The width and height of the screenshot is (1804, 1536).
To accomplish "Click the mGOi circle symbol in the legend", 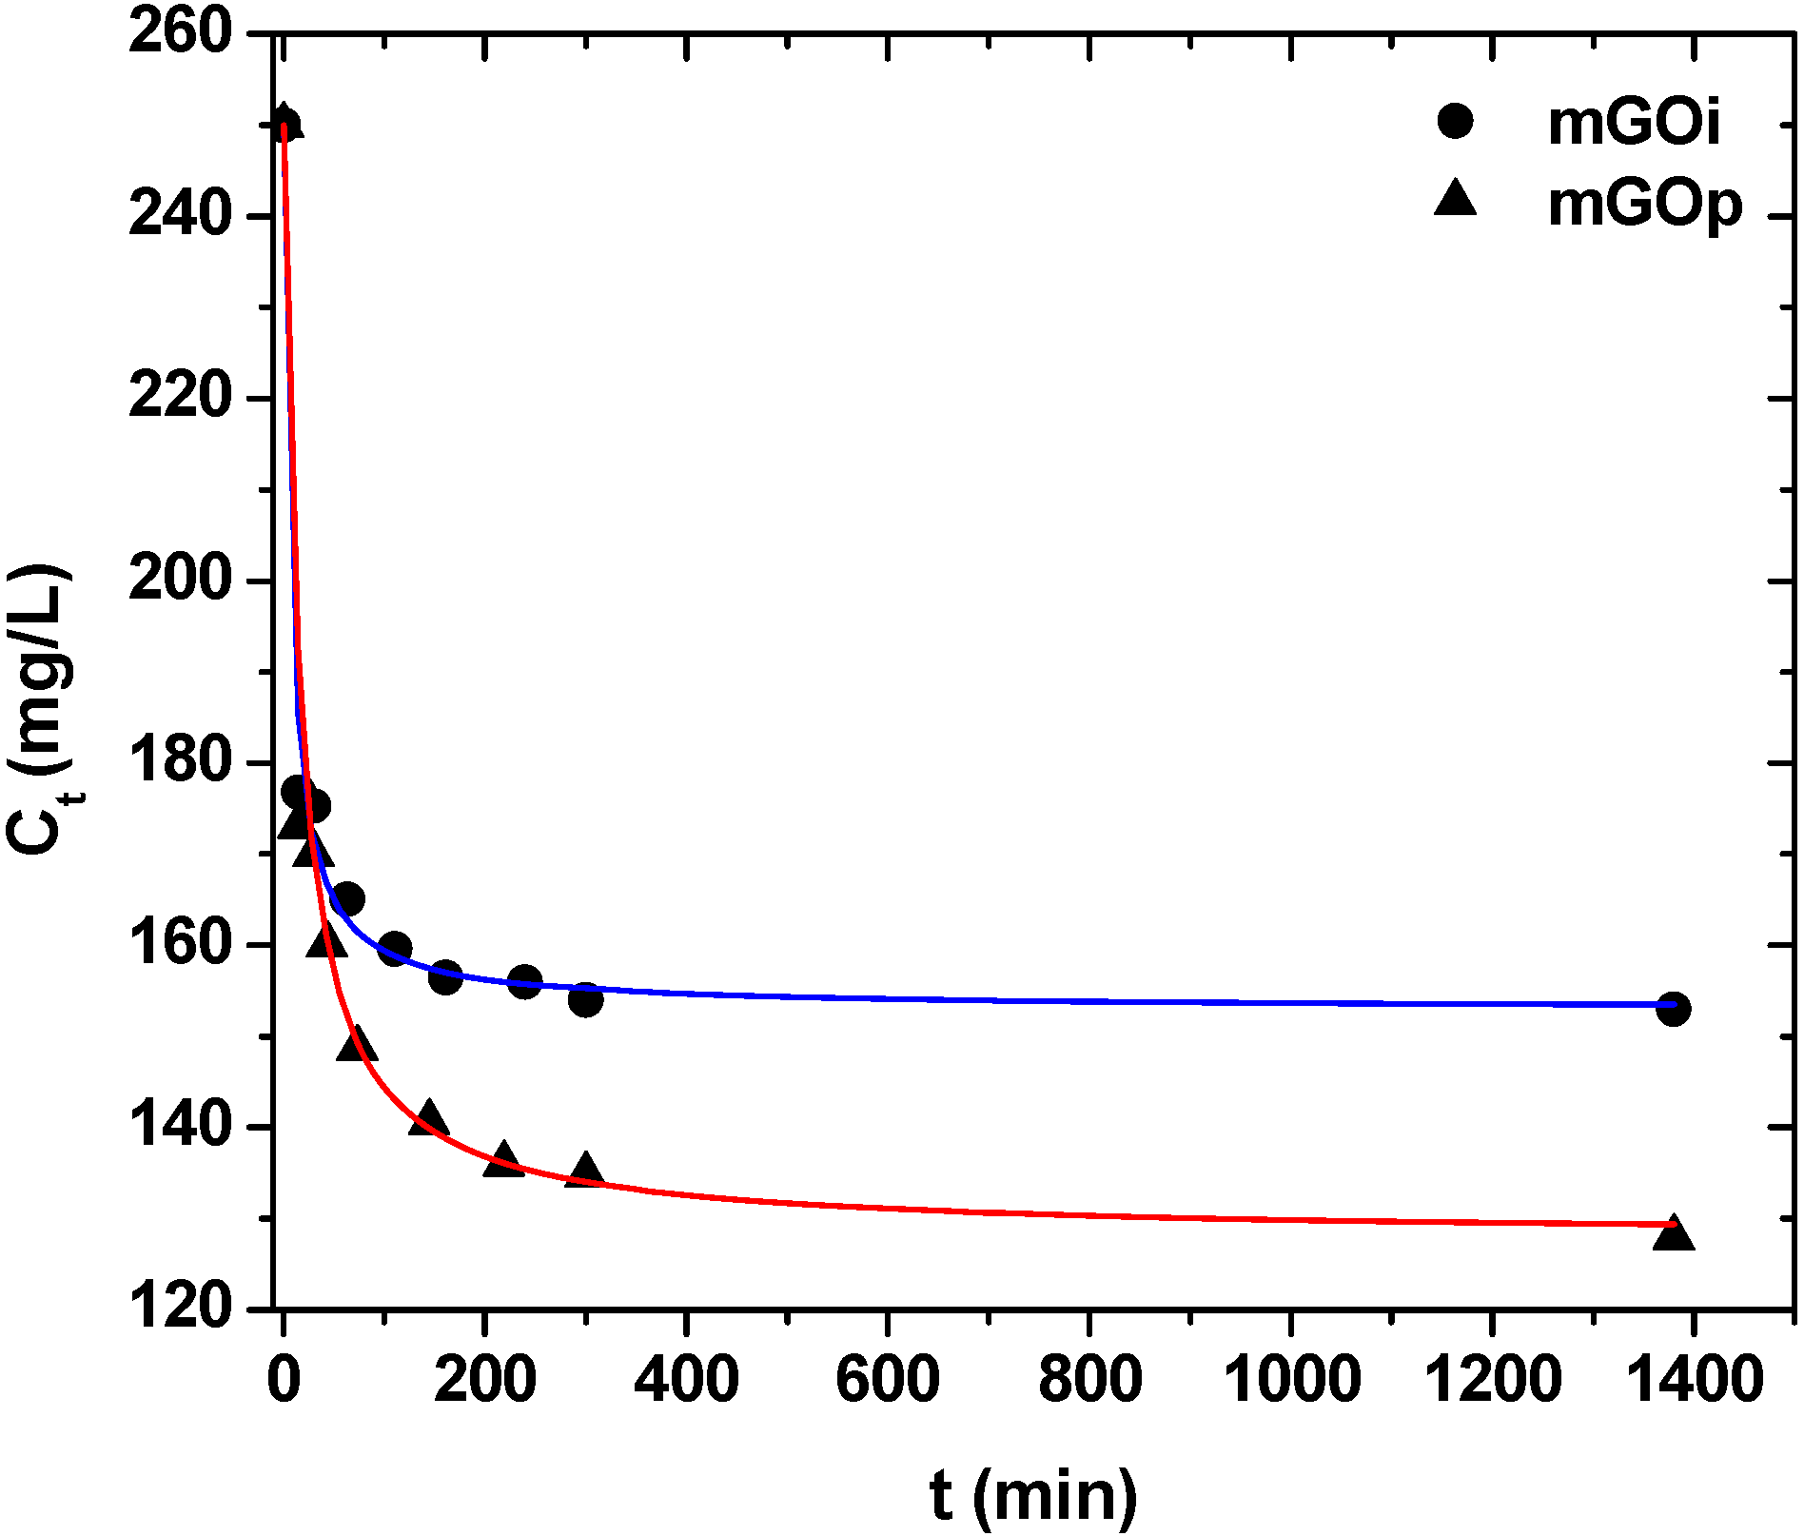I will click(1455, 121).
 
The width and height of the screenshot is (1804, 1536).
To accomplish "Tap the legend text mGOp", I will click(1645, 204).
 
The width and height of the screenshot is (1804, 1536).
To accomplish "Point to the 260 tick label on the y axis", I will click(181, 32).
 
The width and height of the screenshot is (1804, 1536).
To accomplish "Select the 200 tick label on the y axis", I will click(181, 580).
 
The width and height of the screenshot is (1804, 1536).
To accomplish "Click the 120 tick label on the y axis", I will click(181, 1308).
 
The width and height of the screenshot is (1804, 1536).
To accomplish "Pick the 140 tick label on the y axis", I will click(181, 1127).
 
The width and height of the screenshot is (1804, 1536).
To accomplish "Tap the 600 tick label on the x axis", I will click(888, 1381).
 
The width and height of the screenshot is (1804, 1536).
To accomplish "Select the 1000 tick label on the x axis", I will click(1291, 1381).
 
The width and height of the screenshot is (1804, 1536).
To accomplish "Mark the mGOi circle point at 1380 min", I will click(1674, 1009).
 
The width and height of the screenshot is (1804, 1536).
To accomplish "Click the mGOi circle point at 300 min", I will click(586, 1000).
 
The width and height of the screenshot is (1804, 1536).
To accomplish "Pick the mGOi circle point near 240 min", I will click(525, 981).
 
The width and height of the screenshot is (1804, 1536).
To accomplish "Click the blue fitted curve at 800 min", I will click(1089, 1002).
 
